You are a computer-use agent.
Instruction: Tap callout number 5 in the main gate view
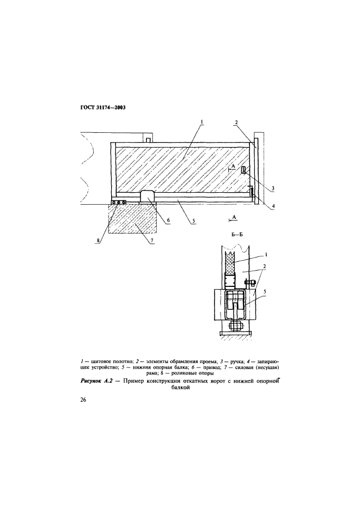192,223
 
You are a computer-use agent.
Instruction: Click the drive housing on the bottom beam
148,197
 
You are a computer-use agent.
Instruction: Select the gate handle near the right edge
243,171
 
